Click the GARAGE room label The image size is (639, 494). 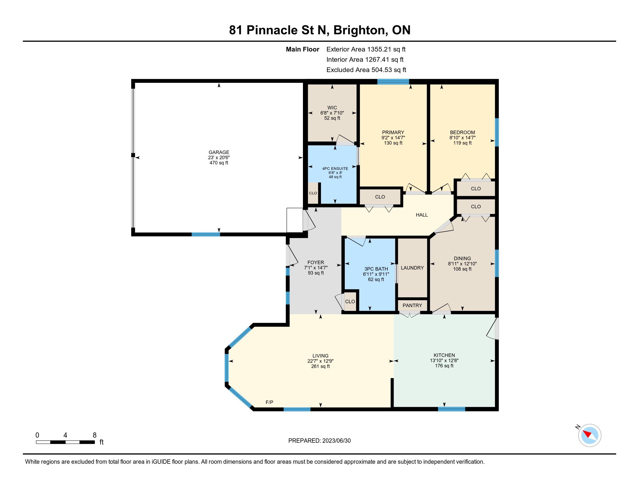pos(219,152)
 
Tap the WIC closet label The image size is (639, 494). pos(332,108)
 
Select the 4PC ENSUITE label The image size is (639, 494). pos(335,169)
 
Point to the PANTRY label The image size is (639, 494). pos(412,305)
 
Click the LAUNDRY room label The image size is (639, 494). pos(412,268)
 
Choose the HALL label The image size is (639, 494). pos(422,215)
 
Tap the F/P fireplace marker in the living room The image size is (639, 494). pos(270,402)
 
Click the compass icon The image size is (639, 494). pos(590,435)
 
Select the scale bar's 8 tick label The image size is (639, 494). pos(94,435)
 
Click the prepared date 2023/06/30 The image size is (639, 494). pos(336,441)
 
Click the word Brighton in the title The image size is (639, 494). pos(359,30)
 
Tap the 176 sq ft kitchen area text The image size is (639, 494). pos(444,366)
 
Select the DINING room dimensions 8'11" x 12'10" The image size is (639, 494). pos(462,264)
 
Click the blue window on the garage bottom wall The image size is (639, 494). pos(206,234)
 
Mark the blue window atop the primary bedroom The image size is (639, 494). pos(393,82)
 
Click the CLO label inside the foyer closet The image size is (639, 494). pos(350,301)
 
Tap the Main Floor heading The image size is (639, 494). pos(303,49)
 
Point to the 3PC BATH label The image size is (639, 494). pos(376,269)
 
